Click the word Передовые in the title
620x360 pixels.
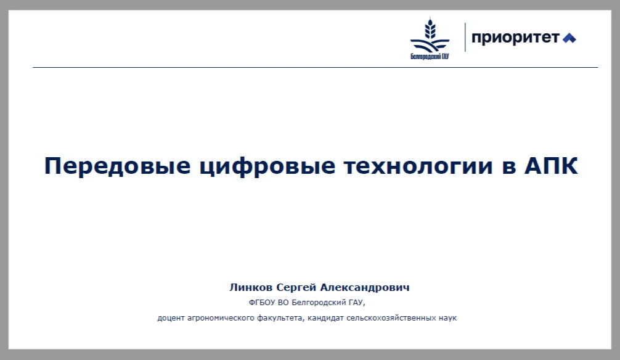coord(118,166)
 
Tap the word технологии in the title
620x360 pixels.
coord(418,166)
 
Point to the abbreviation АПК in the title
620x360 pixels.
coord(551,165)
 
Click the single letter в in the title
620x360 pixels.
coord(509,166)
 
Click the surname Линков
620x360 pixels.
coord(251,288)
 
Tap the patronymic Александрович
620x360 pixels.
coord(365,288)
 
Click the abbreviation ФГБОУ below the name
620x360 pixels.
coord(262,303)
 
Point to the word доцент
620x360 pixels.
coord(171,318)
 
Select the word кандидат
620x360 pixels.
coord(326,318)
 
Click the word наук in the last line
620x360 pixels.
coord(447,318)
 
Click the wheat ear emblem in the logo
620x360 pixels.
coord(430,34)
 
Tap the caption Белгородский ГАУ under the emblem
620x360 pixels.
coord(430,57)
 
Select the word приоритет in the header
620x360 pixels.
coord(516,38)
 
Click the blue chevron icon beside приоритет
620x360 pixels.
coord(569,38)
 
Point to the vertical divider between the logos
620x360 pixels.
coord(465,37)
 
